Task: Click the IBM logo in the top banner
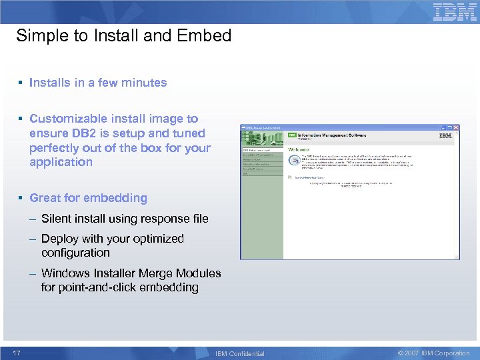[455, 12]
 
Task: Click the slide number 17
[17, 353]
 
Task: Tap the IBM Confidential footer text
[239, 353]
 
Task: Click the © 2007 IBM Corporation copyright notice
[433, 353]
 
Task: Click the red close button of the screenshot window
[456, 127]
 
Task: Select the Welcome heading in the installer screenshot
[301, 150]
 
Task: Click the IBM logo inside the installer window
[445, 136]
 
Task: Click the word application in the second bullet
[61, 162]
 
